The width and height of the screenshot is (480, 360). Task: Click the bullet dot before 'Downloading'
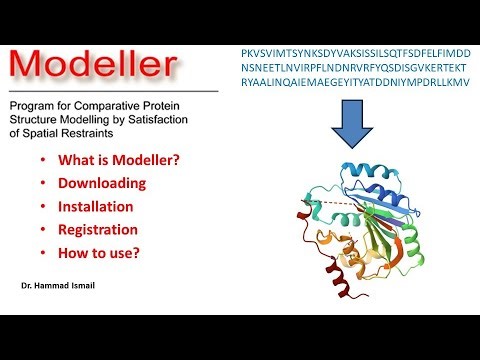pyautogui.click(x=39, y=184)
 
